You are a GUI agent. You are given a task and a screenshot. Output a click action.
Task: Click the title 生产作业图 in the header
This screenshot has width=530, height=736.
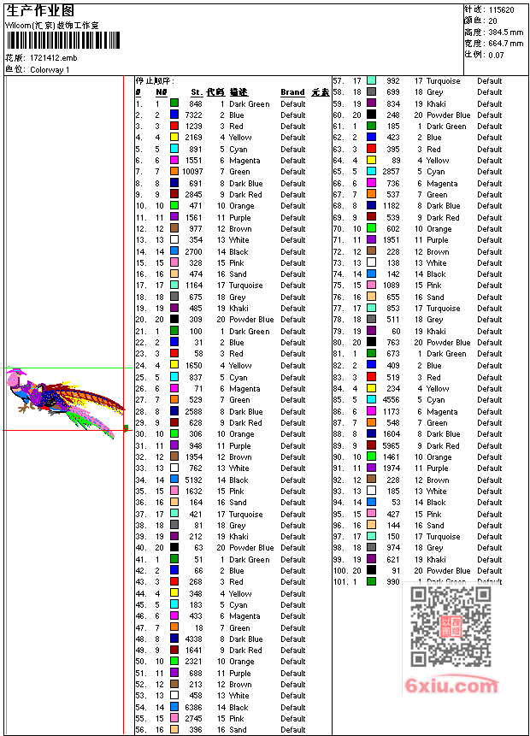click(x=40, y=10)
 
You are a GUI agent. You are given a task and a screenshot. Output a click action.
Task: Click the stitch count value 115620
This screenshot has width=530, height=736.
click(x=501, y=9)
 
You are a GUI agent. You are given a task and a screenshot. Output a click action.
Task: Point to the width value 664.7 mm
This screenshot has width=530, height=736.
click(x=506, y=43)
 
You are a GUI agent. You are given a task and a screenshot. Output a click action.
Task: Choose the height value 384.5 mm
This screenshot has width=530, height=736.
click(x=506, y=32)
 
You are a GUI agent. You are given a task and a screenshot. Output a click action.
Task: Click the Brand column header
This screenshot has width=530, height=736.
click(x=292, y=92)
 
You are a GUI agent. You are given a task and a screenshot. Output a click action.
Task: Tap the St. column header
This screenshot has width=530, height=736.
click(x=197, y=92)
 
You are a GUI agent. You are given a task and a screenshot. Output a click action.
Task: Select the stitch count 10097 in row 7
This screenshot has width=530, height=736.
click(x=193, y=172)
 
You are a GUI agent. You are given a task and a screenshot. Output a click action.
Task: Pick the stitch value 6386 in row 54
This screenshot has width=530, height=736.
click(x=194, y=708)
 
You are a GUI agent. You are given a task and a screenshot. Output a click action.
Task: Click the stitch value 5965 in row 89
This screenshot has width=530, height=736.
click(x=390, y=445)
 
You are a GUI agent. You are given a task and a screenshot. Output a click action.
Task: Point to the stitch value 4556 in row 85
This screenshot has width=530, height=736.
click(x=390, y=400)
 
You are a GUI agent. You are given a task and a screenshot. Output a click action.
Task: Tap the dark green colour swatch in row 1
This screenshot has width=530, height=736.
click(x=174, y=103)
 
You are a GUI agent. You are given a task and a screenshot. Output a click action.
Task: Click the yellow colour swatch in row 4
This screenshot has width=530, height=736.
click(x=174, y=138)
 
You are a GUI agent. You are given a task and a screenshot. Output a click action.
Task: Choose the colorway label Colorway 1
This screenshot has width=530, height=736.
click(x=50, y=69)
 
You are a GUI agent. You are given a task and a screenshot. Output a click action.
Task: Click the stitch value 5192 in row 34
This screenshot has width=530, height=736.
click(x=194, y=480)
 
